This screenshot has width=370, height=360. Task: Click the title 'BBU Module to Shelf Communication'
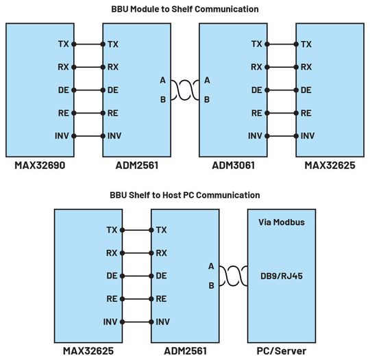click(185, 9)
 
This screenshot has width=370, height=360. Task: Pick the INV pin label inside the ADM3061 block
click(255, 136)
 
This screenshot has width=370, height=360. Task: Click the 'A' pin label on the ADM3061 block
click(207, 80)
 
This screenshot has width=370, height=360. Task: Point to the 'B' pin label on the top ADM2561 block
click(162, 99)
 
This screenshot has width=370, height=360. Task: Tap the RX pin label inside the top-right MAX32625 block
click(306, 67)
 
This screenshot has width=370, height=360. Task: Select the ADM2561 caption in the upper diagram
click(134, 166)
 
